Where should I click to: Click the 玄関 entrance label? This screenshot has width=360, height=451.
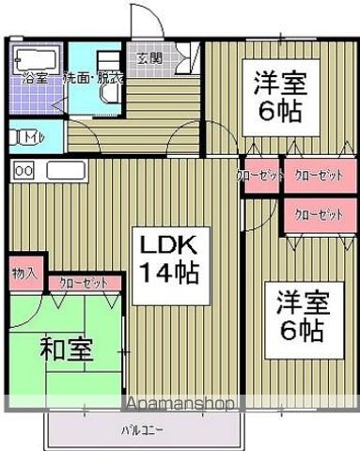point(149,58)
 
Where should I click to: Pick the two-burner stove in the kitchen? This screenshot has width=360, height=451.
point(23,172)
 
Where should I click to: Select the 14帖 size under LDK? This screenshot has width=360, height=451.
point(169,273)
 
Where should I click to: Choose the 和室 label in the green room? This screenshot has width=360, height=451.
point(66,350)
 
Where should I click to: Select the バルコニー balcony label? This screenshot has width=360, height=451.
point(141,432)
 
